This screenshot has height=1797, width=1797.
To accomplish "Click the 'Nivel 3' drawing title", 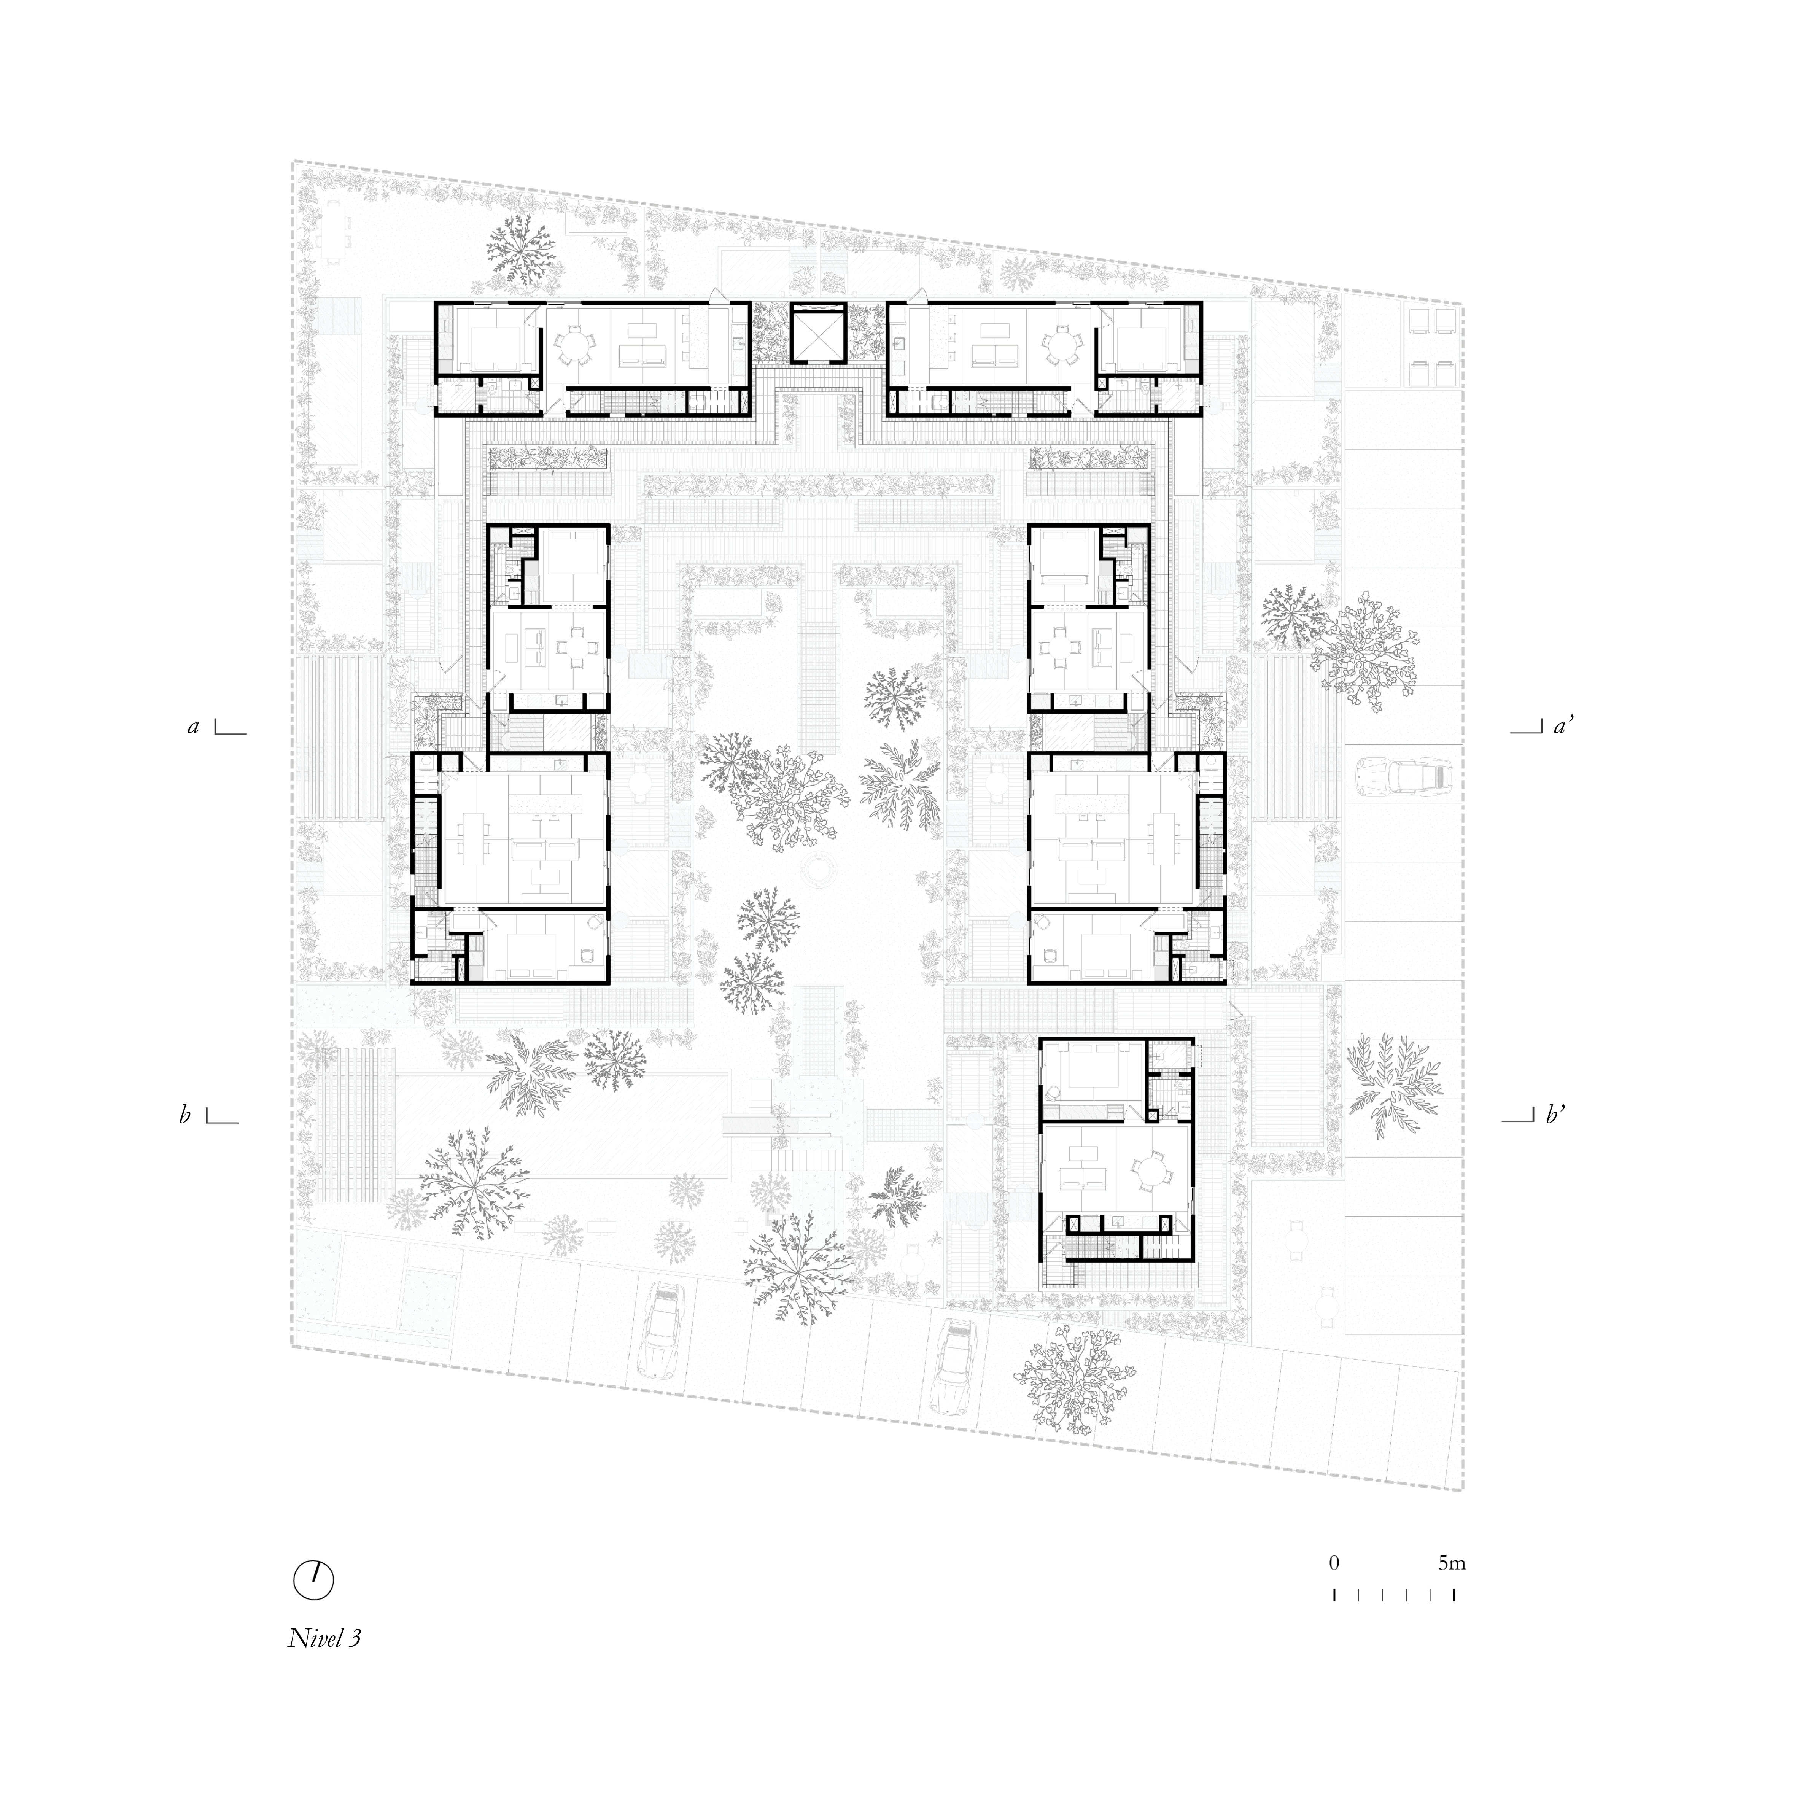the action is (x=324, y=1664).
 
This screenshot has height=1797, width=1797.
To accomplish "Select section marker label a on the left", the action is (x=194, y=727).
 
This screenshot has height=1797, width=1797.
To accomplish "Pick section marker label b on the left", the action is (x=185, y=1114).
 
